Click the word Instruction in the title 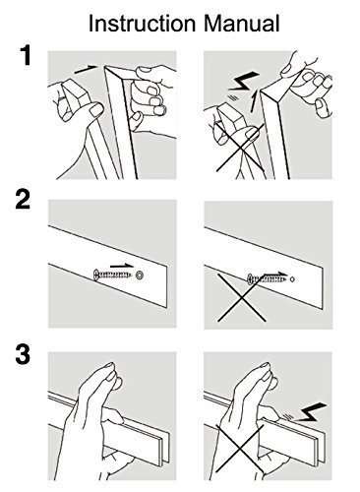(142, 24)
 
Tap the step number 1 (26, 56)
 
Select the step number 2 (23, 200)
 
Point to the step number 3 (23, 354)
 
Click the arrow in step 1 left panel (86, 69)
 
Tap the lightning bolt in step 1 (243, 82)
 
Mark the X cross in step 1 (240, 148)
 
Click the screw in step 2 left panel (112, 275)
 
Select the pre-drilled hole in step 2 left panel (140, 276)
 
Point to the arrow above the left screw (122, 266)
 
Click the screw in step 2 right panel (268, 279)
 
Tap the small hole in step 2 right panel (293, 279)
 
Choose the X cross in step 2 (242, 297)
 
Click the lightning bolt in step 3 (310, 412)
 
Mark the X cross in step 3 (240, 449)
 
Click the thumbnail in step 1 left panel (96, 110)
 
